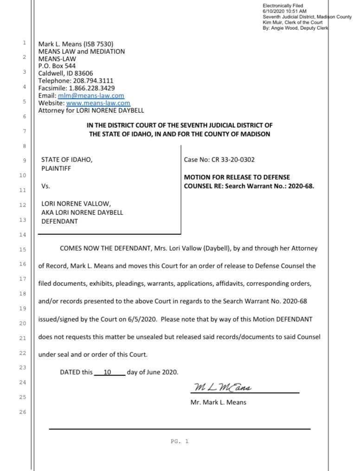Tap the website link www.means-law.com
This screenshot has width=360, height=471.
click(98, 103)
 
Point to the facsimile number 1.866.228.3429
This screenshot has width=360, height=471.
click(92, 88)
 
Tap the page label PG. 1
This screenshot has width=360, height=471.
click(180, 441)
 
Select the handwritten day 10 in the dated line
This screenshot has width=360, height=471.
click(107, 372)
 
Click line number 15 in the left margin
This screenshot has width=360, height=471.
click(23, 249)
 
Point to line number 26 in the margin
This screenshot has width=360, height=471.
click(23, 412)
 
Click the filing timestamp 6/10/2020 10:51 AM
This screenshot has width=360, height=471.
click(284, 11)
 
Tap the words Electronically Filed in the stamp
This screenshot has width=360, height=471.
click(283, 6)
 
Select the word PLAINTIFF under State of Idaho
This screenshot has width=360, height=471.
click(56, 168)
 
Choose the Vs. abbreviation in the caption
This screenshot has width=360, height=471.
click(45, 186)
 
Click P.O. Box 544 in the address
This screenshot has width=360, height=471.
click(57, 66)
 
